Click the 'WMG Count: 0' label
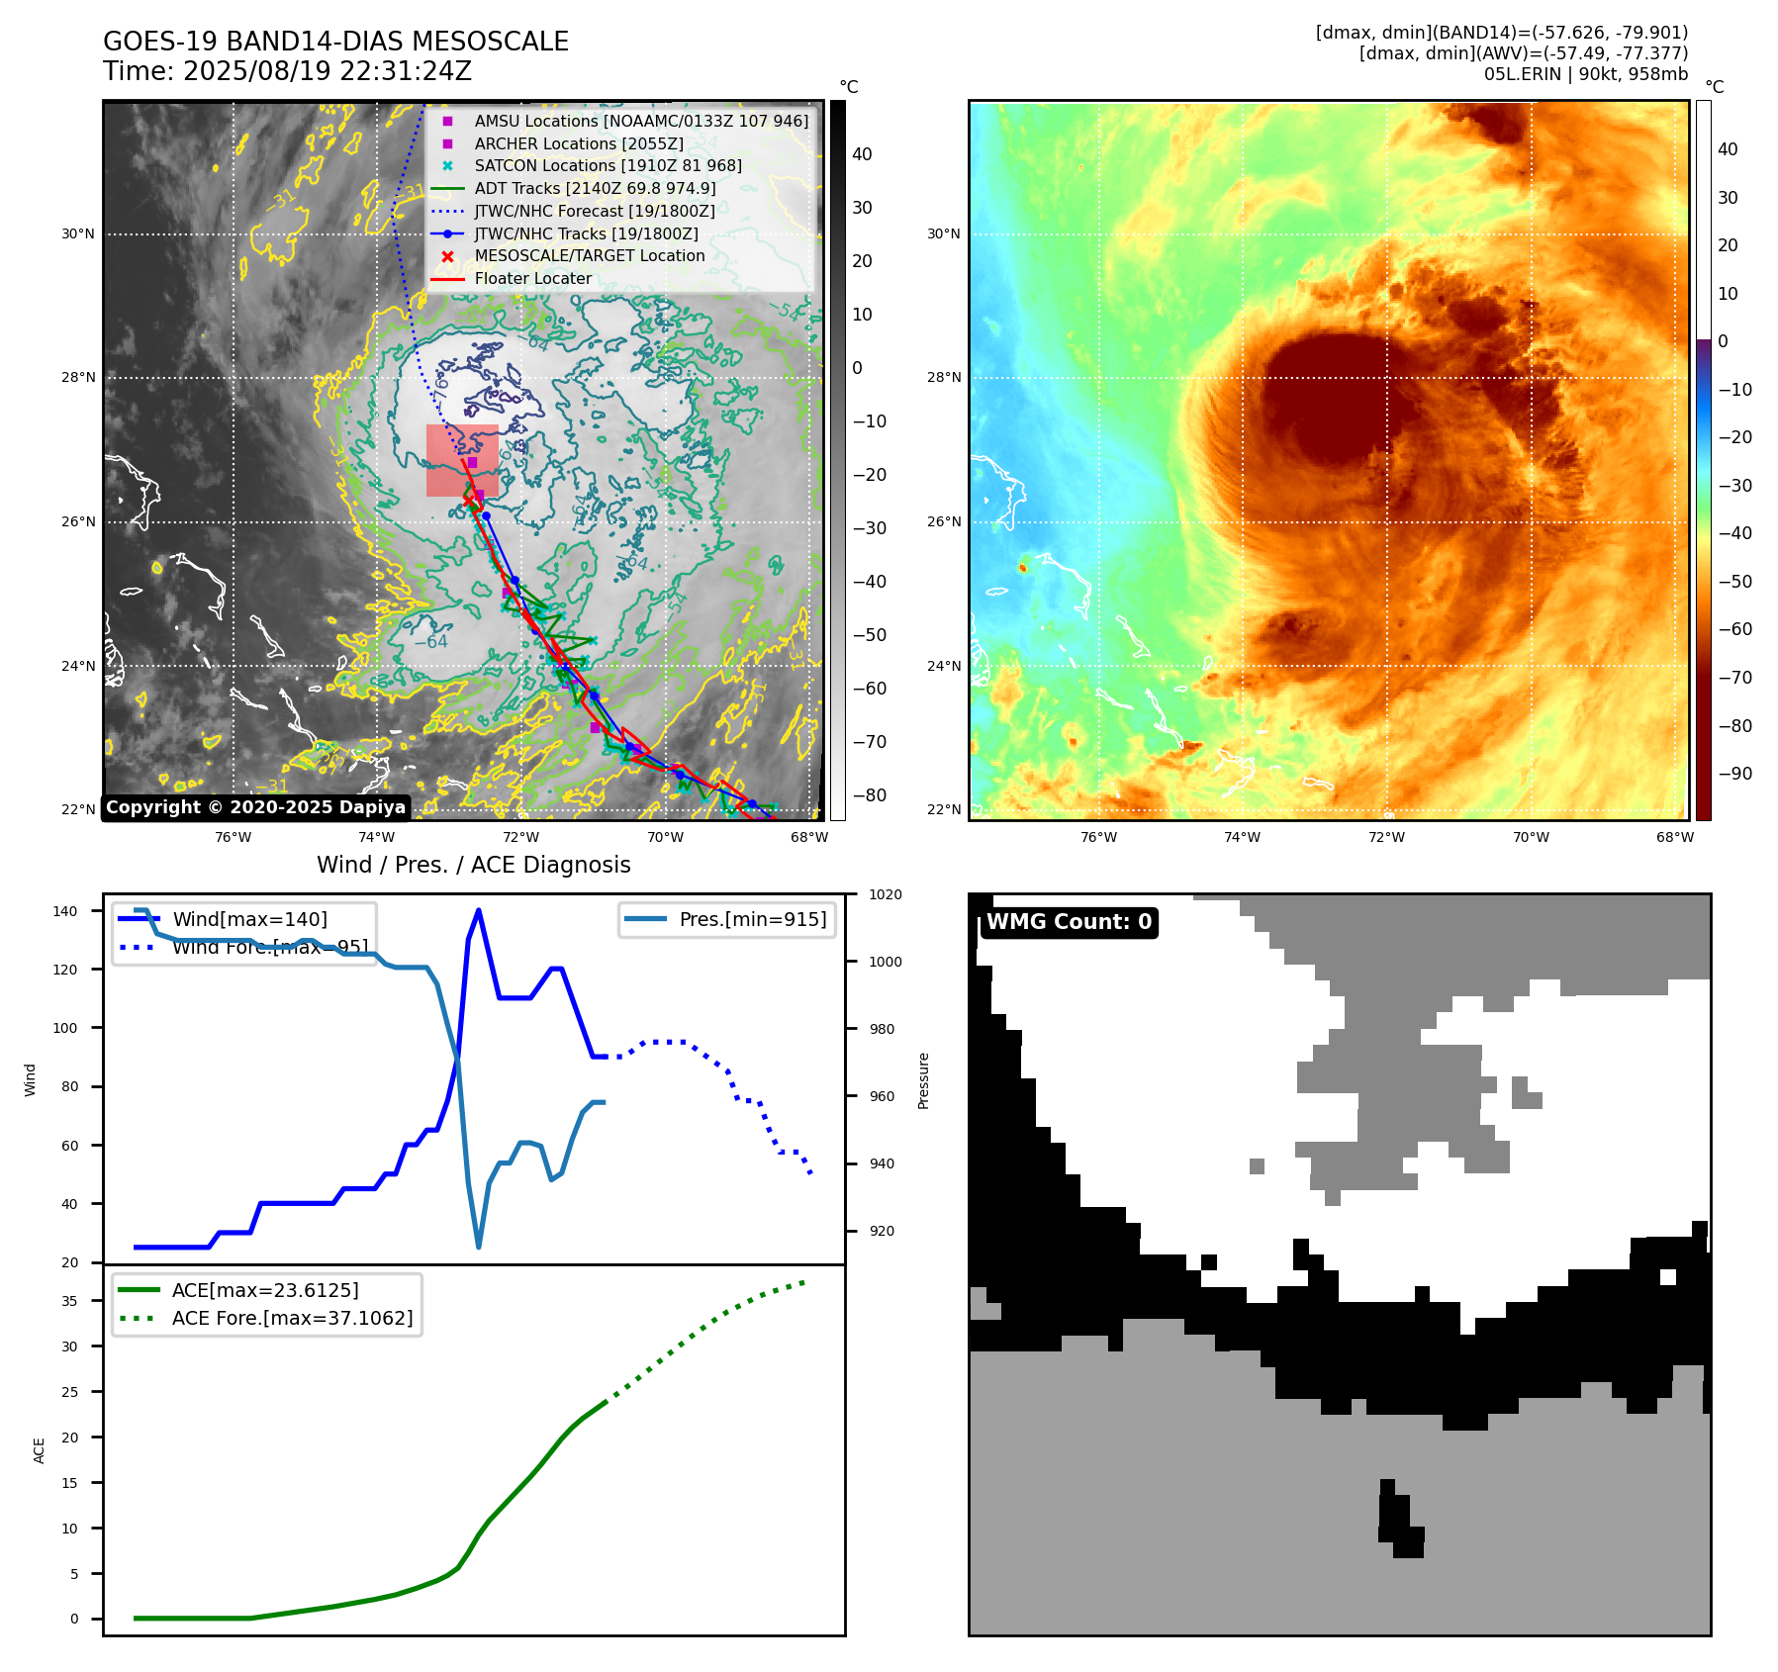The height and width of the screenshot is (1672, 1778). point(1069,922)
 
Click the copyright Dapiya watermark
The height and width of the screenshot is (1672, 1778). point(255,807)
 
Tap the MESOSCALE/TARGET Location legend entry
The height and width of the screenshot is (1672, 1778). point(589,255)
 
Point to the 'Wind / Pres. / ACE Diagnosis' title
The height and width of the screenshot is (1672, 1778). point(473,865)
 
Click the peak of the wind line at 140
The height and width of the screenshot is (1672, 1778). point(479,910)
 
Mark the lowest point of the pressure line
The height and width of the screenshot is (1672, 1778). point(479,1247)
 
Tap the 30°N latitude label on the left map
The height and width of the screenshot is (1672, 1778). point(78,234)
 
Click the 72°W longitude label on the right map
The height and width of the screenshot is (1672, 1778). point(1386,837)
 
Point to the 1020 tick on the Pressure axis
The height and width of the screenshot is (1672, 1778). point(886,894)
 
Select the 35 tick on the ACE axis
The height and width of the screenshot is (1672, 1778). point(69,1301)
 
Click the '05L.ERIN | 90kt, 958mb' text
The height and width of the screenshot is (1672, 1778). point(1585,74)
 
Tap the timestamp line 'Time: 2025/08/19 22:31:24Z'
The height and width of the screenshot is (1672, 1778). point(287,71)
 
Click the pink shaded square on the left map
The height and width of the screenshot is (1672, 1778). point(462,460)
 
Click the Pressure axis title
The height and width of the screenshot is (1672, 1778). point(923,1080)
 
